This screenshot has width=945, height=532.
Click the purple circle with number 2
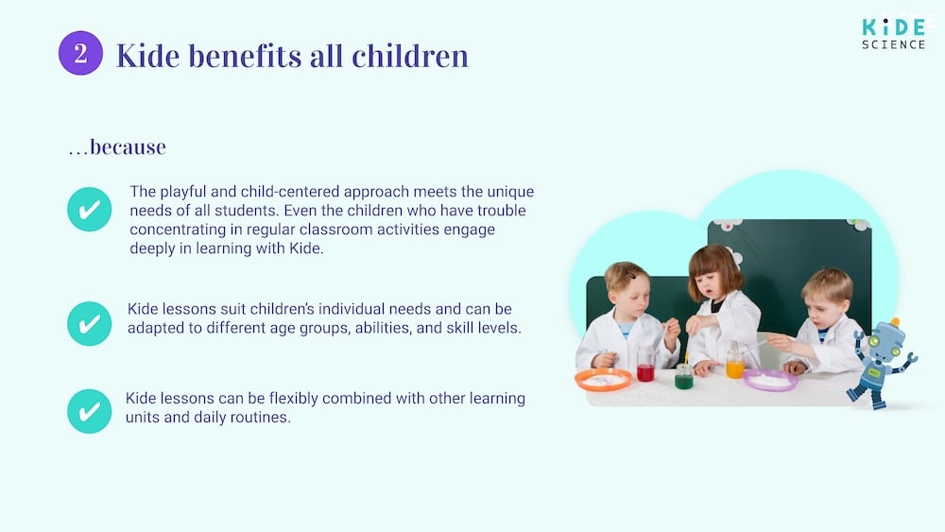coord(80,54)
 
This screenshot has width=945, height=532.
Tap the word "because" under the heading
coord(127,147)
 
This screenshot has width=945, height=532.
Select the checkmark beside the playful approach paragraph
coord(90,210)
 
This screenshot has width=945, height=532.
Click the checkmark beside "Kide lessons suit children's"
coord(90,324)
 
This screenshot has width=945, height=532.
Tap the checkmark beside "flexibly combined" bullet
coord(90,411)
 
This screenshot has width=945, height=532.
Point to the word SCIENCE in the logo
coord(893,44)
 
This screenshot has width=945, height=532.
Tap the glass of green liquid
coord(683,378)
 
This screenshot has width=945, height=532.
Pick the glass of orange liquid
coord(735,366)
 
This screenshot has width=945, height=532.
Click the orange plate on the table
coord(603,380)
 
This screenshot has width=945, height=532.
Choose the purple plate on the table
coord(770,380)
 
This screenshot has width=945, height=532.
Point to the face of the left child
coord(630,292)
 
